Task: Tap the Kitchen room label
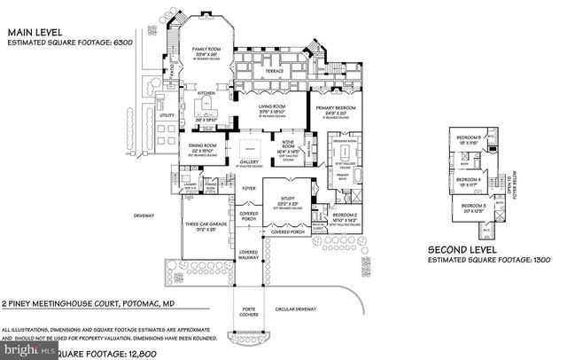pyautogui.click(x=206, y=92)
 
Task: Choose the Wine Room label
pyautogui.click(x=288, y=145)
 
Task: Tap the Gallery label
pyautogui.click(x=249, y=162)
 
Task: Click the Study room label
pyautogui.click(x=287, y=199)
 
